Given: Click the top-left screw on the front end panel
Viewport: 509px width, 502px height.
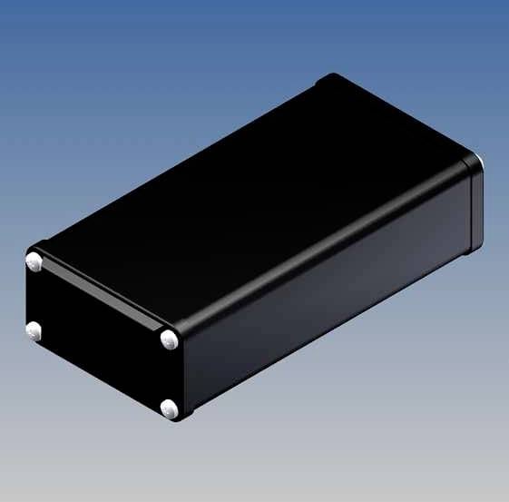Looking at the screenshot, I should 35,262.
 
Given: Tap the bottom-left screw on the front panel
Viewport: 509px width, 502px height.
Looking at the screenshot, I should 34,330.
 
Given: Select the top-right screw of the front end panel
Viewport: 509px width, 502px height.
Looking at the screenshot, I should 170,340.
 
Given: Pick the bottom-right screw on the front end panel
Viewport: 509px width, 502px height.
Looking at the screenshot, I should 170,410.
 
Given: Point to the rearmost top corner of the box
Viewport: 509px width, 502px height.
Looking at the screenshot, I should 333,76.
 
